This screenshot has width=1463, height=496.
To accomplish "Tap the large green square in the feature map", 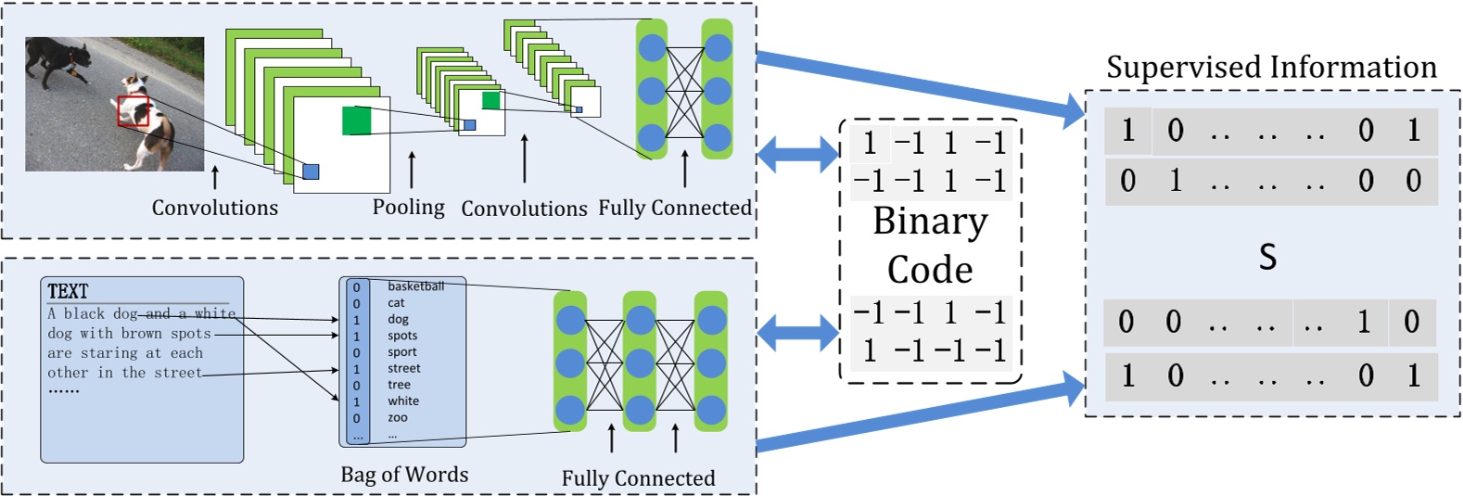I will click(356, 121).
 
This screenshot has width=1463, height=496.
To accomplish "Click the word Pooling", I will click(408, 207).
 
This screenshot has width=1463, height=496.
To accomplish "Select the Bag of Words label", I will click(404, 475).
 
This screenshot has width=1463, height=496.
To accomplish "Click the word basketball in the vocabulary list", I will click(415, 286).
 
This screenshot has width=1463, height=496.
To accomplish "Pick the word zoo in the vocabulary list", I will click(398, 418).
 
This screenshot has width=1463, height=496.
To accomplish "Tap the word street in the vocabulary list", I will click(404, 368).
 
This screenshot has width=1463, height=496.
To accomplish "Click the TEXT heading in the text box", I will click(68, 291).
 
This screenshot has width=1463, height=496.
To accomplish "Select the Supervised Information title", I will click(1271, 67).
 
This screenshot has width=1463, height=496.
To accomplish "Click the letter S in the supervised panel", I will click(1267, 257).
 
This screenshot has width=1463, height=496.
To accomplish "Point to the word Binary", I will click(930, 222).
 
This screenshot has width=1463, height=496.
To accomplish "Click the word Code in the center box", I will click(930, 270).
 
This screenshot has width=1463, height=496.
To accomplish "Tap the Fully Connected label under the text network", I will click(638, 478).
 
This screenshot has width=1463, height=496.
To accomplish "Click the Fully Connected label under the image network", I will click(675, 208).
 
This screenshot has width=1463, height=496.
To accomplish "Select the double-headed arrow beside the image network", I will click(798, 153).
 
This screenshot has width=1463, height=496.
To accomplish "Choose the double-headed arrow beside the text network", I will click(798, 332).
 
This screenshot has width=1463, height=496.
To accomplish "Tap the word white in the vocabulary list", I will click(403, 401).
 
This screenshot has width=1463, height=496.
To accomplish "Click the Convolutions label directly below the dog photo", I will click(215, 208).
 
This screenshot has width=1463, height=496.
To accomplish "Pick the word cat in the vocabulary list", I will click(396, 303).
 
